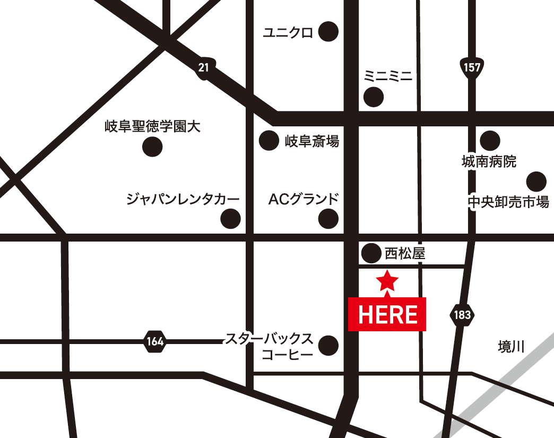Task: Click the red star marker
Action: pyautogui.click(x=387, y=280)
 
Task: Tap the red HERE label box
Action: pyautogui.click(x=387, y=314)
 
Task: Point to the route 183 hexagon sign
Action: pyautogui.click(x=462, y=315)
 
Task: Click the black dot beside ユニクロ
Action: pyautogui.click(x=328, y=32)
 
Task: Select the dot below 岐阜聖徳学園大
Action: pyautogui.click(x=153, y=147)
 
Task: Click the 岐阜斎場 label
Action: pyautogui.click(x=312, y=141)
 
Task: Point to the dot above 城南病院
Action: pyautogui.click(x=490, y=141)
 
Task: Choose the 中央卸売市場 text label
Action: pyautogui.click(x=508, y=202)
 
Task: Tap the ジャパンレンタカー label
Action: pyautogui.click(x=183, y=200)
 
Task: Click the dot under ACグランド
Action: pyautogui.click(x=328, y=218)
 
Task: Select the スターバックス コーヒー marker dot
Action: pyautogui.click(x=328, y=346)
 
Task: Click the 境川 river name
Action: pyautogui.click(x=511, y=347)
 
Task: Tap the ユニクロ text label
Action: pyautogui.click(x=289, y=32)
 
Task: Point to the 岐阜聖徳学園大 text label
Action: pyautogui.click(x=153, y=127)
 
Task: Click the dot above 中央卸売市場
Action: pyautogui.click(x=536, y=182)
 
